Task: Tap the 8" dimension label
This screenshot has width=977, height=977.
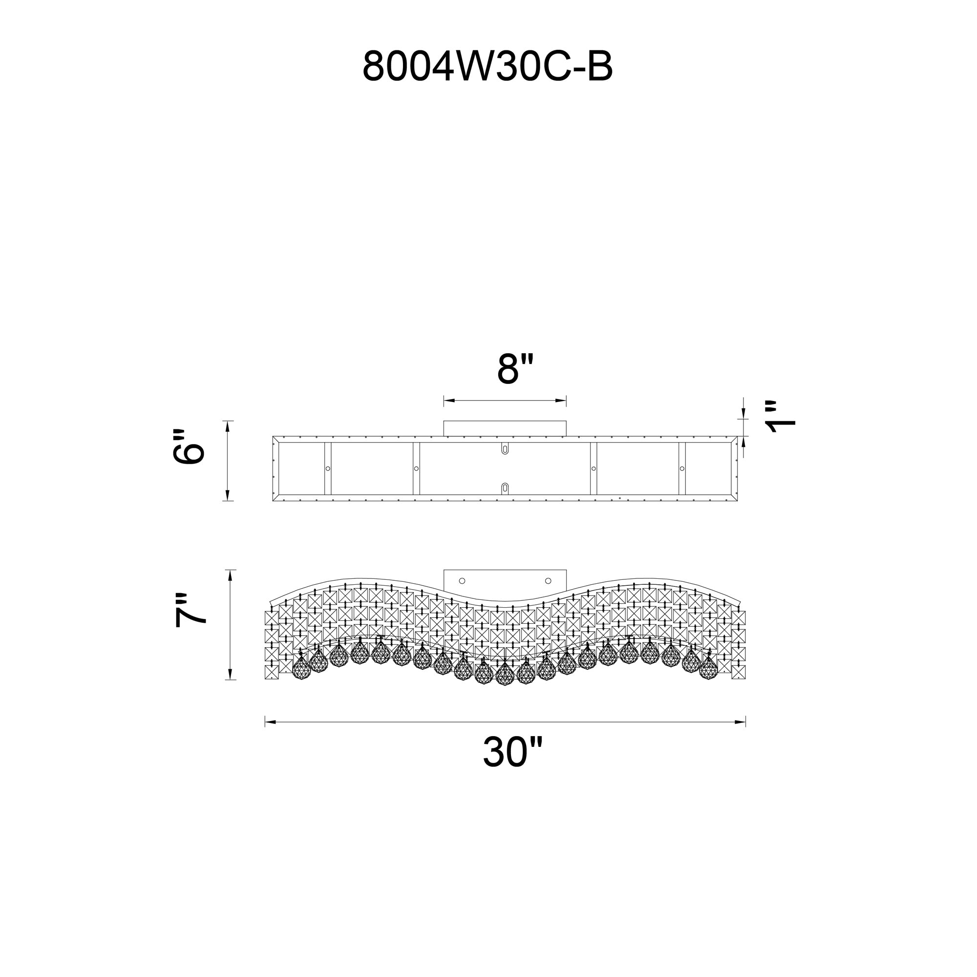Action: point(515,369)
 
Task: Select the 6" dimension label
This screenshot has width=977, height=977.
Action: point(188,447)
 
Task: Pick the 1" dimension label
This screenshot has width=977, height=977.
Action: point(780,417)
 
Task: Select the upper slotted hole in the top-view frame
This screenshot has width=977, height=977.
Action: point(505,449)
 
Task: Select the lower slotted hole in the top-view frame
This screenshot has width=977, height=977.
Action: point(505,488)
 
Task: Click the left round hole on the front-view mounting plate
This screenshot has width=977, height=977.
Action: point(462,581)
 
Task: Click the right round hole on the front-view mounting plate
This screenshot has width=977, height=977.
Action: point(548,581)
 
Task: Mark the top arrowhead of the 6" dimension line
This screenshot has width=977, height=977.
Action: point(228,426)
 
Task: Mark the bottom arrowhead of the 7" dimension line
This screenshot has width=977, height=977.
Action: point(230,674)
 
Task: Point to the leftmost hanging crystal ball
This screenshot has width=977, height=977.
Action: point(301,667)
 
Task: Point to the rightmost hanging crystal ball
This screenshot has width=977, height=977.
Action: point(708,667)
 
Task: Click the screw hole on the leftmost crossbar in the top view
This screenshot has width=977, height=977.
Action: point(328,469)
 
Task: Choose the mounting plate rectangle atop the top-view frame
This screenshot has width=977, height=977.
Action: point(505,428)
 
